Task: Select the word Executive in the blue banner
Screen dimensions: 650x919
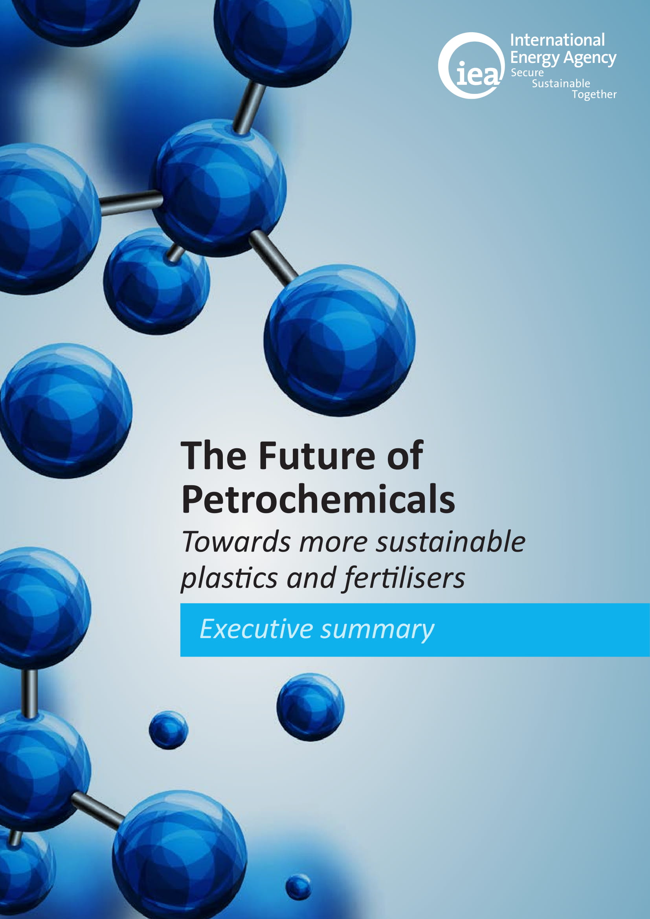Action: coord(256,629)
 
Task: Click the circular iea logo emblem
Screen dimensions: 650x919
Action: coord(472,66)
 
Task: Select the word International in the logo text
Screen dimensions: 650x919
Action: coord(557,40)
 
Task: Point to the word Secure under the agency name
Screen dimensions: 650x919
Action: coord(527,73)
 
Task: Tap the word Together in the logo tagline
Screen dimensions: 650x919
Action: coord(594,94)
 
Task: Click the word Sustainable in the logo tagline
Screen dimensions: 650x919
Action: coord(561,84)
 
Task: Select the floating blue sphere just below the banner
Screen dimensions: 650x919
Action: coord(310,707)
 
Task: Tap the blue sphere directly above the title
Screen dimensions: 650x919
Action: coord(340,340)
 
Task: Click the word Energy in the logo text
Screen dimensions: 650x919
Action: coord(535,59)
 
